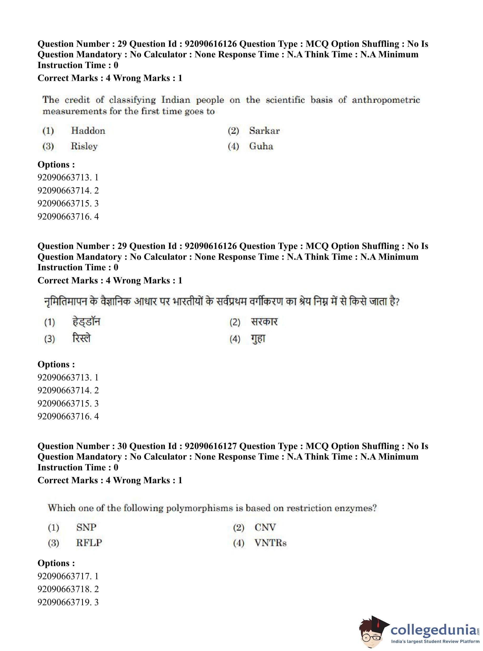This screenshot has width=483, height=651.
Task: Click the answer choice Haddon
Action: coord(88,131)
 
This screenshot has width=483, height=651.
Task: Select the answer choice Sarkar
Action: coord(264,131)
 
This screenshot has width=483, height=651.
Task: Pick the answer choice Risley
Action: coord(84,146)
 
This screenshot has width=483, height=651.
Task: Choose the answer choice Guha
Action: coord(261,146)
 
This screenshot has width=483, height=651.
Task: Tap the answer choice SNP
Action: coord(86,527)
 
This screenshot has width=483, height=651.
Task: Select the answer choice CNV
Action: coord(265,527)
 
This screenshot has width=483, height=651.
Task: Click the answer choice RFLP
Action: coord(89,543)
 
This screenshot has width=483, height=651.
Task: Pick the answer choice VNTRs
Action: coord(270,543)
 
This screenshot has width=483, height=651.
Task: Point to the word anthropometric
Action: coord(386,100)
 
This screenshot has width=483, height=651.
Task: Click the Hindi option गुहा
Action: coord(258,339)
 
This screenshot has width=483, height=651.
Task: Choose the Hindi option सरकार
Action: coord(264,322)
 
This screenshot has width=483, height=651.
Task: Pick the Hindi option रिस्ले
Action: coord(82,338)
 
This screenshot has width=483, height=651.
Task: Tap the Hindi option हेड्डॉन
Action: coord(86,322)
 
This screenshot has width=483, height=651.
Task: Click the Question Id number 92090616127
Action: coord(210,446)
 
